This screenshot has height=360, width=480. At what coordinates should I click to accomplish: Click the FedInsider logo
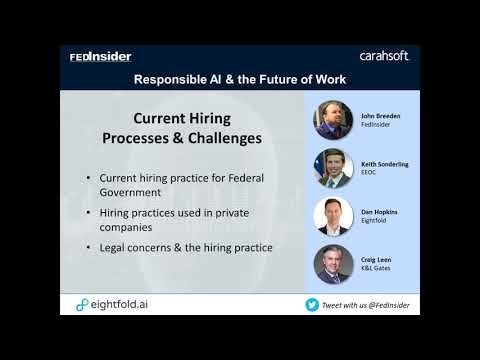point(101,57)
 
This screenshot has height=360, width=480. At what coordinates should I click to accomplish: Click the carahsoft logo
point(384,56)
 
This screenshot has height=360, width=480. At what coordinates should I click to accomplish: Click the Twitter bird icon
point(313,304)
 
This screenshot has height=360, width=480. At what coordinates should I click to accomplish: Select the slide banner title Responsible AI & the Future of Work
point(240,78)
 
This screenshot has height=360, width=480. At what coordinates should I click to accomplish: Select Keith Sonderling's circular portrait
point(335,168)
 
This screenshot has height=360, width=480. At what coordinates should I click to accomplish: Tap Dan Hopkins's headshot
point(335,215)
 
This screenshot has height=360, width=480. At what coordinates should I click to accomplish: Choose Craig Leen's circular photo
point(335,263)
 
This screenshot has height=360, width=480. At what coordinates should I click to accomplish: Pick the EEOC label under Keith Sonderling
point(369,172)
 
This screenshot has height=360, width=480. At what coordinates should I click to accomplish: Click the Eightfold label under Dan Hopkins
point(373,220)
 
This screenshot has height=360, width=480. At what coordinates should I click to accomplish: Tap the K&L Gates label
point(374,268)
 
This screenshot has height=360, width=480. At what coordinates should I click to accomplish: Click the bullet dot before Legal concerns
point(89,247)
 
